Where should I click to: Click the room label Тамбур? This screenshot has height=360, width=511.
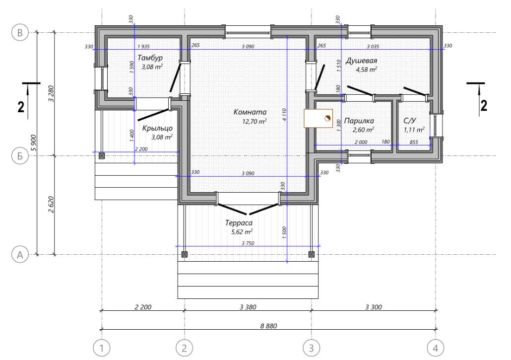pyautogui.click(x=150, y=58)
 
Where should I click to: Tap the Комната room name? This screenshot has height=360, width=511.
pyautogui.click(x=250, y=112)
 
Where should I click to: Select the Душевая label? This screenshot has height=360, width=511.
pyautogui.click(x=361, y=61)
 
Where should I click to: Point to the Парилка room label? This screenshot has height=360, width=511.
pyautogui.click(x=359, y=121)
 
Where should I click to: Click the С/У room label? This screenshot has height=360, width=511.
pyautogui.click(x=410, y=121)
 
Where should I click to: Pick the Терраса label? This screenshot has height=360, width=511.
pyautogui.click(x=239, y=223)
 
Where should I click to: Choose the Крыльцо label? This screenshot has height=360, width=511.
pyautogui.click(x=157, y=128)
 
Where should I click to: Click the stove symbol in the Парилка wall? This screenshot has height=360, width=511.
pyautogui.click(x=319, y=118)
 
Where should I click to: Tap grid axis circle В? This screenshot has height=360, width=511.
pyautogui.click(x=20, y=33)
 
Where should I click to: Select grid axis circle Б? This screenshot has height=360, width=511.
pyautogui.click(x=20, y=156)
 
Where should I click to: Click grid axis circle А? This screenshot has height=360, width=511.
pyautogui.click(x=20, y=255)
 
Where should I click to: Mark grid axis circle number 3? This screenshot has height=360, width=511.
pyautogui.click(x=311, y=348)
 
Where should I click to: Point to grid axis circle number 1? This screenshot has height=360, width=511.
pyautogui.click(x=102, y=348)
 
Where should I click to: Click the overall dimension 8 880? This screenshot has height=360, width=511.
pyautogui.click(x=268, y=326)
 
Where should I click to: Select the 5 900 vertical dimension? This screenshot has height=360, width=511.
pyautogui.click(x=34, y=143)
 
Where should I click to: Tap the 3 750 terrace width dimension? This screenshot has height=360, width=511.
pyautogui.click(x=248, y=243)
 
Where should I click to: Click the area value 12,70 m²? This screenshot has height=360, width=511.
pyautogui.click(x=255, y=122)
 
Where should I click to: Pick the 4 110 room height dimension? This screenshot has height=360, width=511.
pyautogui.click(x=284, y=115)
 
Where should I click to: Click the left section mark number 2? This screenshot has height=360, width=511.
pyautogui.click(x=21, y=107)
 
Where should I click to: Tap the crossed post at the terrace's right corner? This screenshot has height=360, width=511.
pyautogui.click(x=312, y=254)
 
